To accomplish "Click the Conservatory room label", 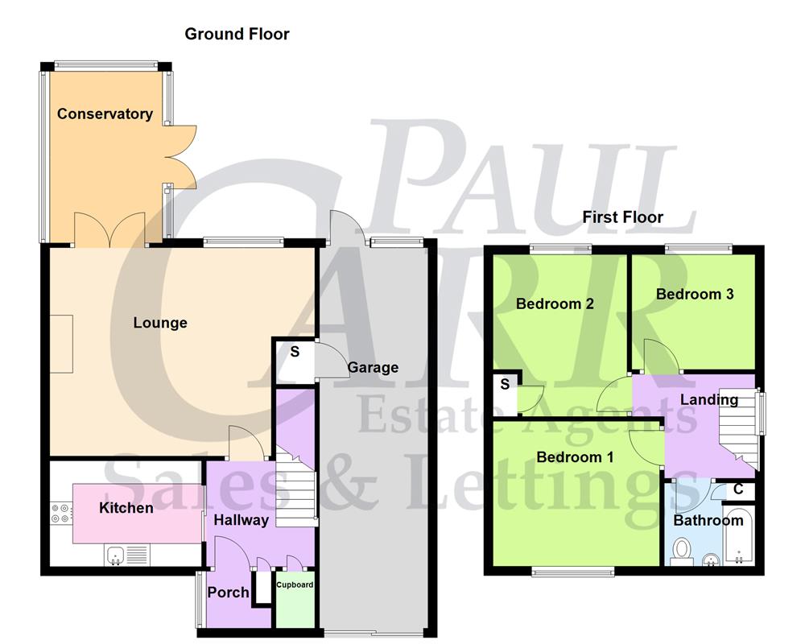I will click(x=105, y=114).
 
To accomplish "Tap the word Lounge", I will click(x=160, y=323).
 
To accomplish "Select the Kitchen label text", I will click(x=126, y=508).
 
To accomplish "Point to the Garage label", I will click(x=373, y=368).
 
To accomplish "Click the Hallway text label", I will click(x=241, y=520).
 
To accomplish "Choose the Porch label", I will click(x=229, y=592).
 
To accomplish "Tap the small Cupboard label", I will click(x=295, y=584).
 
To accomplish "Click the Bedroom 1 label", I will click(x=575, y=457).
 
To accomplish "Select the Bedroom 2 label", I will click(x=555, y=303).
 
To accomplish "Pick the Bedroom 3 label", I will click(x=695, y=294).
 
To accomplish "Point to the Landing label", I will click(x=708, y=399).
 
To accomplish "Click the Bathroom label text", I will click(x=708, y=520).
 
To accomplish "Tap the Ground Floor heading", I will click(x=237, y=34).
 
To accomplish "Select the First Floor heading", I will click(x=623, y=217).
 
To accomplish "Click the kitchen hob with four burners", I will click(x=60, y=513).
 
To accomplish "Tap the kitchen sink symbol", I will click(x=115, y=555).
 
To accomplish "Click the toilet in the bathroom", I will click(x=682, y=551).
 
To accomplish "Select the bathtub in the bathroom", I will click(x=738, y=536).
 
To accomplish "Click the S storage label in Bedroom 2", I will click(x=505, y=384).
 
